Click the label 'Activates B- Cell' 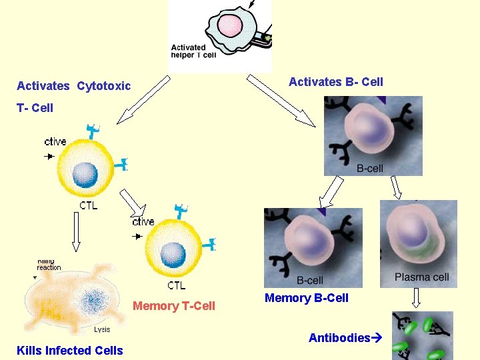335,82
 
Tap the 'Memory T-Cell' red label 174,306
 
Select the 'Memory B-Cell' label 306,298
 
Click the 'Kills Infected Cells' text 70,351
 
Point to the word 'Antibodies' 339,338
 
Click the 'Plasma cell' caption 421,277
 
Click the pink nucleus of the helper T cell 230,26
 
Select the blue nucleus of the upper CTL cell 85,175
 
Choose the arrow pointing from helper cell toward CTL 143,99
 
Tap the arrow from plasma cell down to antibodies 418,297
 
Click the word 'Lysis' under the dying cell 102,329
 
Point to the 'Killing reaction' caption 49,265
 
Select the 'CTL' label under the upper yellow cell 88,205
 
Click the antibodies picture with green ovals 422,336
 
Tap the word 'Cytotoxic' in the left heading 103,86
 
